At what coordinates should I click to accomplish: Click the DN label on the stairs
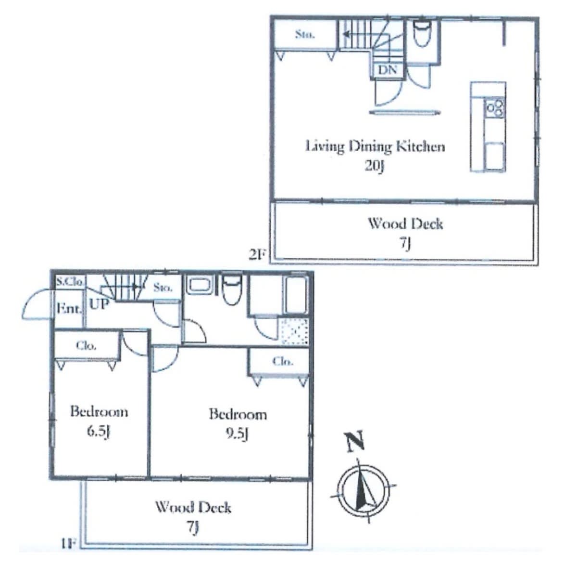(x=388, y=70)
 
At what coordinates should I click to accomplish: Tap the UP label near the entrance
(x=99, y=304)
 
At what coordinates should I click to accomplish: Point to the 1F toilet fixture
(x=232, y=289)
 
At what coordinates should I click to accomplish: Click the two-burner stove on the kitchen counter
(x=495, y=108)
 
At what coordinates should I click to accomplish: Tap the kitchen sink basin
(x=495, y=156)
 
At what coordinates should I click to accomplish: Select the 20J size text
(x=375, y=166)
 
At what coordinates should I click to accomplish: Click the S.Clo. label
(x=70, y=282)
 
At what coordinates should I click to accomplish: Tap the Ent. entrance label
(x=69, y=309)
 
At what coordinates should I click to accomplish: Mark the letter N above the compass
(x=355, y=441)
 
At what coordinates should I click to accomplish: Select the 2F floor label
(x=257, y=255)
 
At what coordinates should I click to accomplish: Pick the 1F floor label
(x=69, y=544)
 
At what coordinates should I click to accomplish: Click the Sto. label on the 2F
(x=304, y=35)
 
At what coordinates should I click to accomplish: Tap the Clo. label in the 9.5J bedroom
(x=283, y=362)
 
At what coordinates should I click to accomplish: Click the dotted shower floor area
(x=294, y=331)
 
